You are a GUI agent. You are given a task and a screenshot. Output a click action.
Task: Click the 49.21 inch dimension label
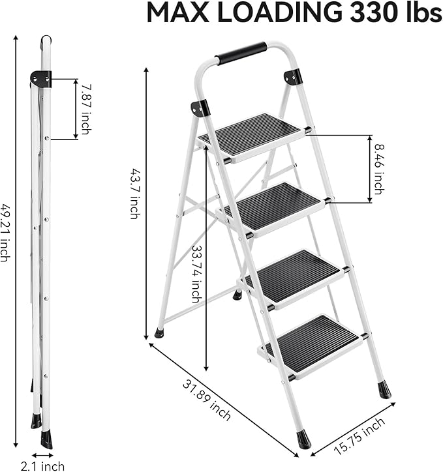coord(5,231)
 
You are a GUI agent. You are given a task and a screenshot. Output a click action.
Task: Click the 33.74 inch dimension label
coord(195,274)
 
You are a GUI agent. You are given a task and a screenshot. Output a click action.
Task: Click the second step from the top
coord(274,205)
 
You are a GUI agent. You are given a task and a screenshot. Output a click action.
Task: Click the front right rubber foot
coord(384,390)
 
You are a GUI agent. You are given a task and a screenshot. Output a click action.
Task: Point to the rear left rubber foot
coord(159,332)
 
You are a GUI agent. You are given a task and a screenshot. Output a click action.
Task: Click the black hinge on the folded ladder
coord(41,80)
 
